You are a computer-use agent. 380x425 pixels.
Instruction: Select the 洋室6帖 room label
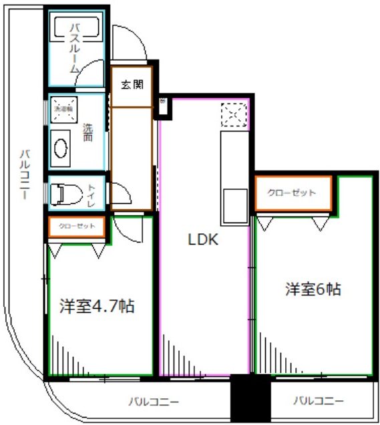(313, 289)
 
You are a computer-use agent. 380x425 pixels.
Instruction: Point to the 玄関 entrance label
(132, 85)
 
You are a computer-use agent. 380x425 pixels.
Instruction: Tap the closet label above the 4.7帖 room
(76, 227)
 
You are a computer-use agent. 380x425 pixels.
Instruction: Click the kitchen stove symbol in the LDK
(235, 114)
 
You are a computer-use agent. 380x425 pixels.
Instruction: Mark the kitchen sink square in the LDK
(235, 203)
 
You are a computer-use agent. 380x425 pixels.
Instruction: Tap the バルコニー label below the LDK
(154, 402)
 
